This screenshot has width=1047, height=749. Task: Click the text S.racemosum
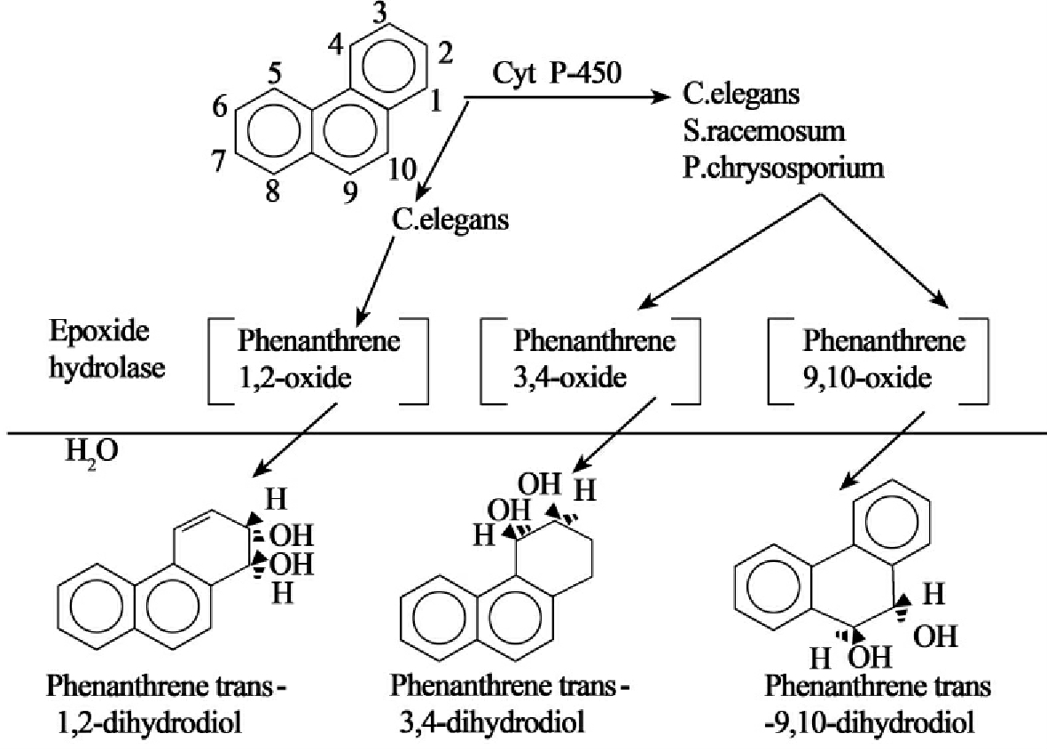click(764, 130)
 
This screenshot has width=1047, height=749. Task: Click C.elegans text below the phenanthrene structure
click(451, 217)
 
